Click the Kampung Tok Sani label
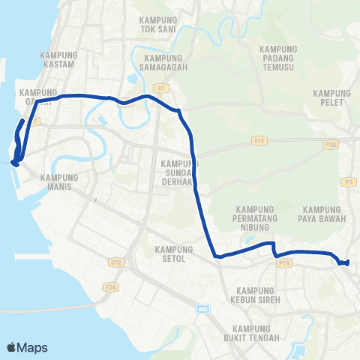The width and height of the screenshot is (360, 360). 157,24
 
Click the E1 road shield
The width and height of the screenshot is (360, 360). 160,88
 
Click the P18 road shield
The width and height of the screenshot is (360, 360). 283,263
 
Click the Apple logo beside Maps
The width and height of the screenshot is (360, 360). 11,347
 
